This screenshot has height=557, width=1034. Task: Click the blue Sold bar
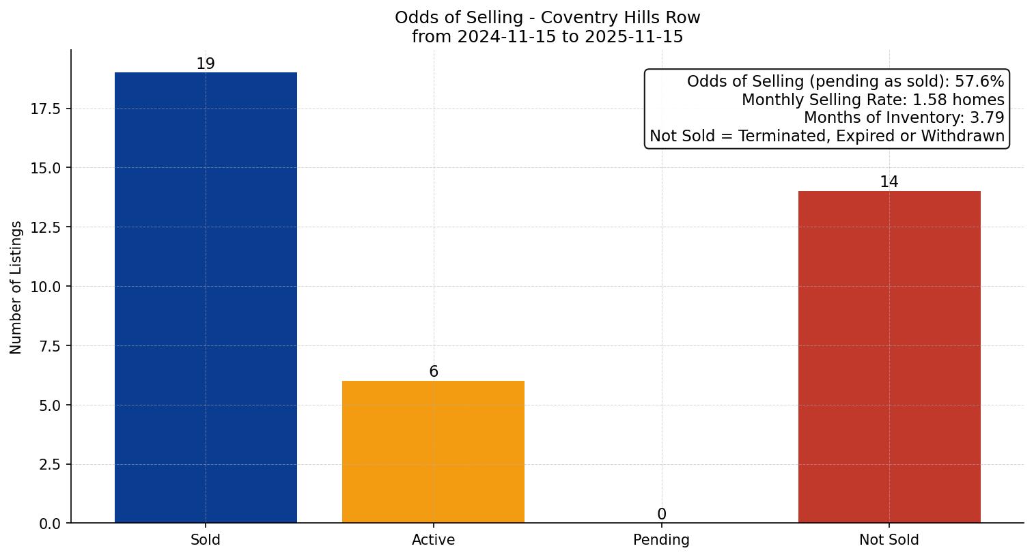(x=206, y=298)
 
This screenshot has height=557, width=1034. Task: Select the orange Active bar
(x=433, y=452)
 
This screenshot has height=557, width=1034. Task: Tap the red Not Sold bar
(x=889, y=357)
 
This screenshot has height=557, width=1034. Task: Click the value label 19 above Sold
(x=206, y=64)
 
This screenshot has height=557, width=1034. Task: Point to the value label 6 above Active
(x=434, y=372)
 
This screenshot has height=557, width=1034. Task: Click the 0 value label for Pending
(x=661, y=515)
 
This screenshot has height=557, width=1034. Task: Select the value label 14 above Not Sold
(x=889, y=182)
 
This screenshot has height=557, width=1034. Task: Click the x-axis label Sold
(x=206, y=540)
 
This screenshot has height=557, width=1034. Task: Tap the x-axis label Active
(x=433, y=540)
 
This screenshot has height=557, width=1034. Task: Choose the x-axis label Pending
(x=661, y=540)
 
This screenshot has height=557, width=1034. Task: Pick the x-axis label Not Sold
(x=889, y=540)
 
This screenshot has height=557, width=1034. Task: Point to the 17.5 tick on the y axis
(x=46, y=109)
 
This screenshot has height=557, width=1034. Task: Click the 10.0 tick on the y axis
(x=46, y=287)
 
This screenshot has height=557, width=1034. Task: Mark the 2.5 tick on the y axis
(x=49, y=465)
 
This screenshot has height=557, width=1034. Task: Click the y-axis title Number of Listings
(x=16, y=287)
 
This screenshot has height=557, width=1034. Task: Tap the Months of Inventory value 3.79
(x=987, y=117)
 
